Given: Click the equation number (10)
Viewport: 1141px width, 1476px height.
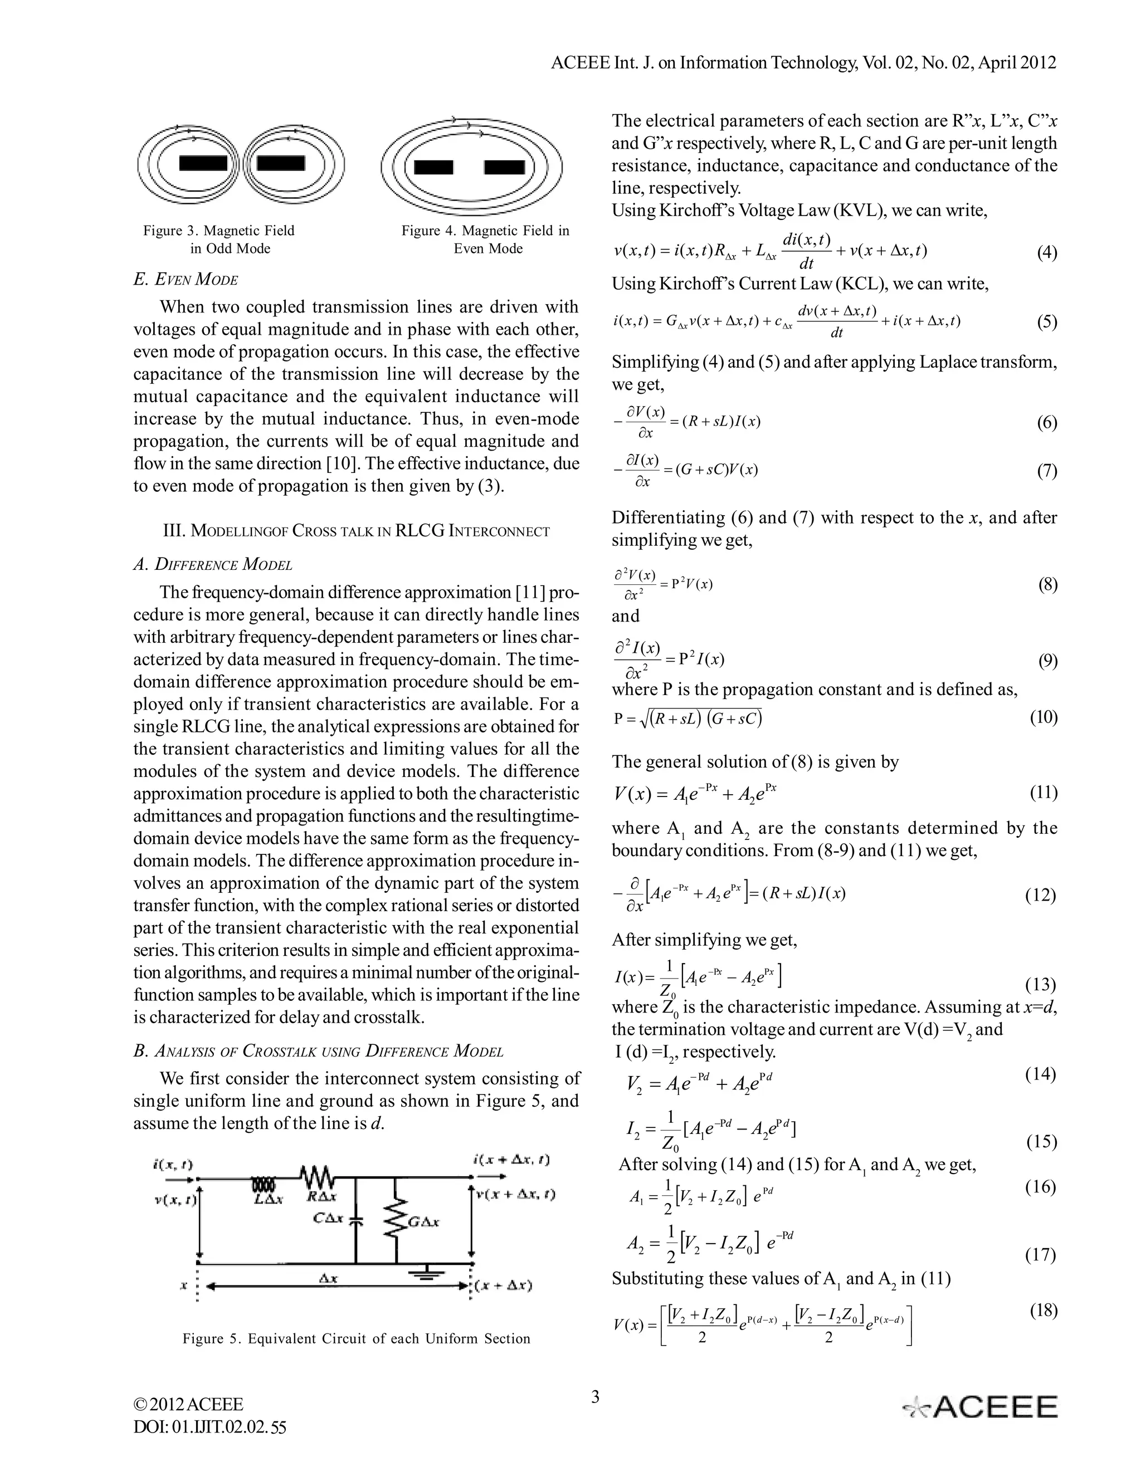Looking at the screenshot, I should pos(1043,717).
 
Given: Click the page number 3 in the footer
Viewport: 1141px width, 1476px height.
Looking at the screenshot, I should pos(595,1396).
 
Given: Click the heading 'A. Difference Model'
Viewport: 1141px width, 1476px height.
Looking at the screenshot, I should pos(213,564).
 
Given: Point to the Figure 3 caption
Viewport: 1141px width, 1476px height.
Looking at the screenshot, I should pos(220,240).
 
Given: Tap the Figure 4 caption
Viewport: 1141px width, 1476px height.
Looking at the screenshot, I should pos(485,240).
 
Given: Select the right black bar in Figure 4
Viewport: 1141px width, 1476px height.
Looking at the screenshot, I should pos(504,167).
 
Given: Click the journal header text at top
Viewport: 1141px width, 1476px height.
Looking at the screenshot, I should pos(803,63).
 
